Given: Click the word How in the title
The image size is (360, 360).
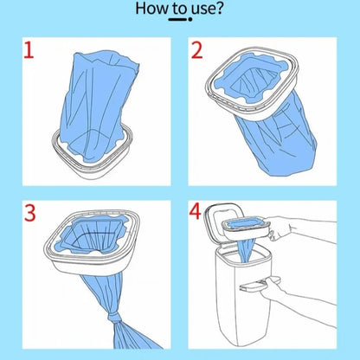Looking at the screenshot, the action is tap(151, 9).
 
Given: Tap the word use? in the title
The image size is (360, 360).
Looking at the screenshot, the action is tap(208, 9).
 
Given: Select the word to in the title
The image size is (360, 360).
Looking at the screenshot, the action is tap(180, 9).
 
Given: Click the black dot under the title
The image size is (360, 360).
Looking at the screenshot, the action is tap(190, 19).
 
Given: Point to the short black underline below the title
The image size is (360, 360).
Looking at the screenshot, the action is tap(177, 19).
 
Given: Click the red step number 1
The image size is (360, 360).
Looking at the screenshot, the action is tap(29, 50).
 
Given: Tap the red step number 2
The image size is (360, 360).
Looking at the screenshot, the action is tap(196, 50).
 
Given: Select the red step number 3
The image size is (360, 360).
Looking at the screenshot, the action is tap(29, 213).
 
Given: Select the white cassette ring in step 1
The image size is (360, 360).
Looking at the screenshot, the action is tap(92, 157).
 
